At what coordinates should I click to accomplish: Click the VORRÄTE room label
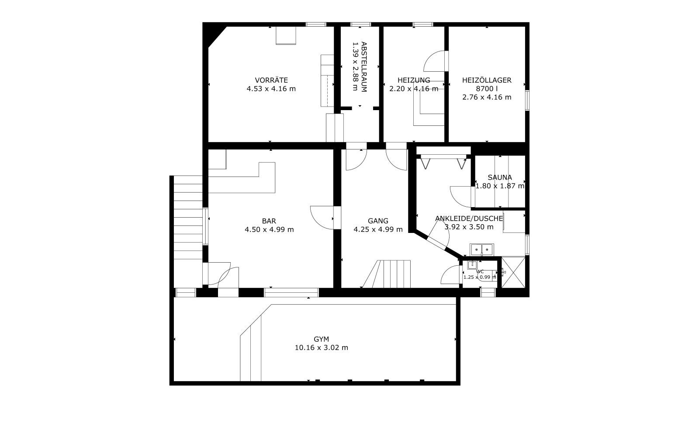pyautogui.click(x=271, y=80)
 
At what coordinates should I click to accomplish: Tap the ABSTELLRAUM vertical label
pyautogui.click(x=363, y=66)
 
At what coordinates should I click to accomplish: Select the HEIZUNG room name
pyautogui.click(x=414, y=80)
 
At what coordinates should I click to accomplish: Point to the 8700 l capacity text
pyautogui.click(x=487, y=89)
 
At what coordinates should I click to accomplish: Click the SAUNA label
pyautogui.click(x=500, y=177)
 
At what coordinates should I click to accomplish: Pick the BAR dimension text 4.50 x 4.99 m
pyautogui.click(x=269, y=229)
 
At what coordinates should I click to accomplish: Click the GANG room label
pyautogui.click(x=378, y=221)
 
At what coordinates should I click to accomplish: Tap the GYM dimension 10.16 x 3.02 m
pyautogui.click(x=322, y=347)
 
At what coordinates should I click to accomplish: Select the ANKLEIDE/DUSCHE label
pyautogui.click(x=469, y=218)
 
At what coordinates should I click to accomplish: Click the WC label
pyautogui.click(x=480, y=271)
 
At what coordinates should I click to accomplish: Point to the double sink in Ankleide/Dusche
pyautogui.click(x=482, y=250)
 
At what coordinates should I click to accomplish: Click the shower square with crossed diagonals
pyautogui.click(x=513, y=272)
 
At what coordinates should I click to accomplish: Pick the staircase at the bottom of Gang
pyautogui.click(x=386, y=274)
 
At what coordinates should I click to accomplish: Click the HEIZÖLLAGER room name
pyautogui.click(x=487, y=80)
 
